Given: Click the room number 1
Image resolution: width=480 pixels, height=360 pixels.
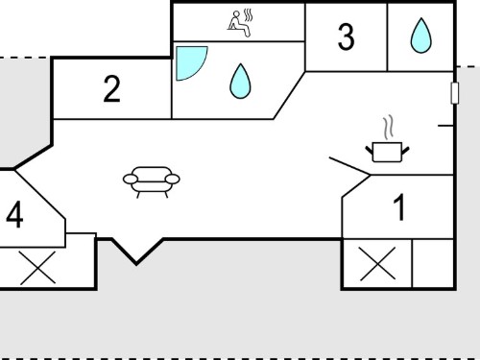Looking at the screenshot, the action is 399,207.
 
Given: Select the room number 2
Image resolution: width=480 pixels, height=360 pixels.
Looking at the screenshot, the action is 111,89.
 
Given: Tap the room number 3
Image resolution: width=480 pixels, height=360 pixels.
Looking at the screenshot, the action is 346,36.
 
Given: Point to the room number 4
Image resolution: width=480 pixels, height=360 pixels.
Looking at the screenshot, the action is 14,215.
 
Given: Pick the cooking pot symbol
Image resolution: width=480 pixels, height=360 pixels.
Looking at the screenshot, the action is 387,152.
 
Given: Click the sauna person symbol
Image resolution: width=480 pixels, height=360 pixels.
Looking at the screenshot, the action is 238,24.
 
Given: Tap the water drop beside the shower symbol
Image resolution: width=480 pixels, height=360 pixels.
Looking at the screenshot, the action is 240,82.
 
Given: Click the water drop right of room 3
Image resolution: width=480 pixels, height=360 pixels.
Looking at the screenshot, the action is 421,36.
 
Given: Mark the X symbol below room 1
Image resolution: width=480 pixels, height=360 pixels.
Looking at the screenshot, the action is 377,264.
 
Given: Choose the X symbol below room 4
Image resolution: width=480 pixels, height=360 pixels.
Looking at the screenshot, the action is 37,268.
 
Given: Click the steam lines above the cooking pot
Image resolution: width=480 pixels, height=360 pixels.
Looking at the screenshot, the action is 388,128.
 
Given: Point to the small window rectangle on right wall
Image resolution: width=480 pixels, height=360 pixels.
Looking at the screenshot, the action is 454,93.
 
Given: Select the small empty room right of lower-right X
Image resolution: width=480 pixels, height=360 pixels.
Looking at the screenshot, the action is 433,263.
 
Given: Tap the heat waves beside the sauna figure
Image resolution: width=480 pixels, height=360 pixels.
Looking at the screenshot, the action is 248,15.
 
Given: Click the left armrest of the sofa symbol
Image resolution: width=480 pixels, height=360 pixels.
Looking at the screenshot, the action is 131,180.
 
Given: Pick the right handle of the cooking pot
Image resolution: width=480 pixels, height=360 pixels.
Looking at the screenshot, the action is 405,151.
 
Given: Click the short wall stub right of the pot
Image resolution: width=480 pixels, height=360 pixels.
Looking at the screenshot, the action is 445,126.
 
